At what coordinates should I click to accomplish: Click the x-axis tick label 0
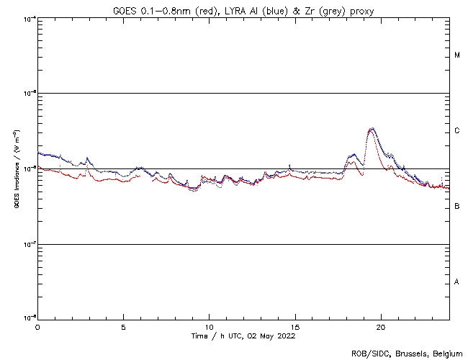(x=37, y=326)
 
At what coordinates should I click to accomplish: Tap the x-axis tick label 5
(x=123, y=326)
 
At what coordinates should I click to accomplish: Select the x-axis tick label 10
(x=209, y=326)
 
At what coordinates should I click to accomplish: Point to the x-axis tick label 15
(x=294, y=326)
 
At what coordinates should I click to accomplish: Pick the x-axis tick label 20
(x=380, y=326)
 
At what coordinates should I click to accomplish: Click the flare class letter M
(x=457, y=55)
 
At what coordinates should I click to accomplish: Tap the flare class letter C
(x=457, y=131)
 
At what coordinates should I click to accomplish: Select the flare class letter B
(x=457, y=207)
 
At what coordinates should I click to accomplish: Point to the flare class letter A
(x=457, y=282)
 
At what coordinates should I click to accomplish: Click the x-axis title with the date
(x=243, y=336)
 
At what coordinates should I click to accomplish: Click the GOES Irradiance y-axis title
(x=15, y=169)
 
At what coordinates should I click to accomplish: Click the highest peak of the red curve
(x=371, y=130)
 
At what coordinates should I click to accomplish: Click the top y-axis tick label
(x=29, y=18)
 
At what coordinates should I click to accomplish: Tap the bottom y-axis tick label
(x=29, y=318)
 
